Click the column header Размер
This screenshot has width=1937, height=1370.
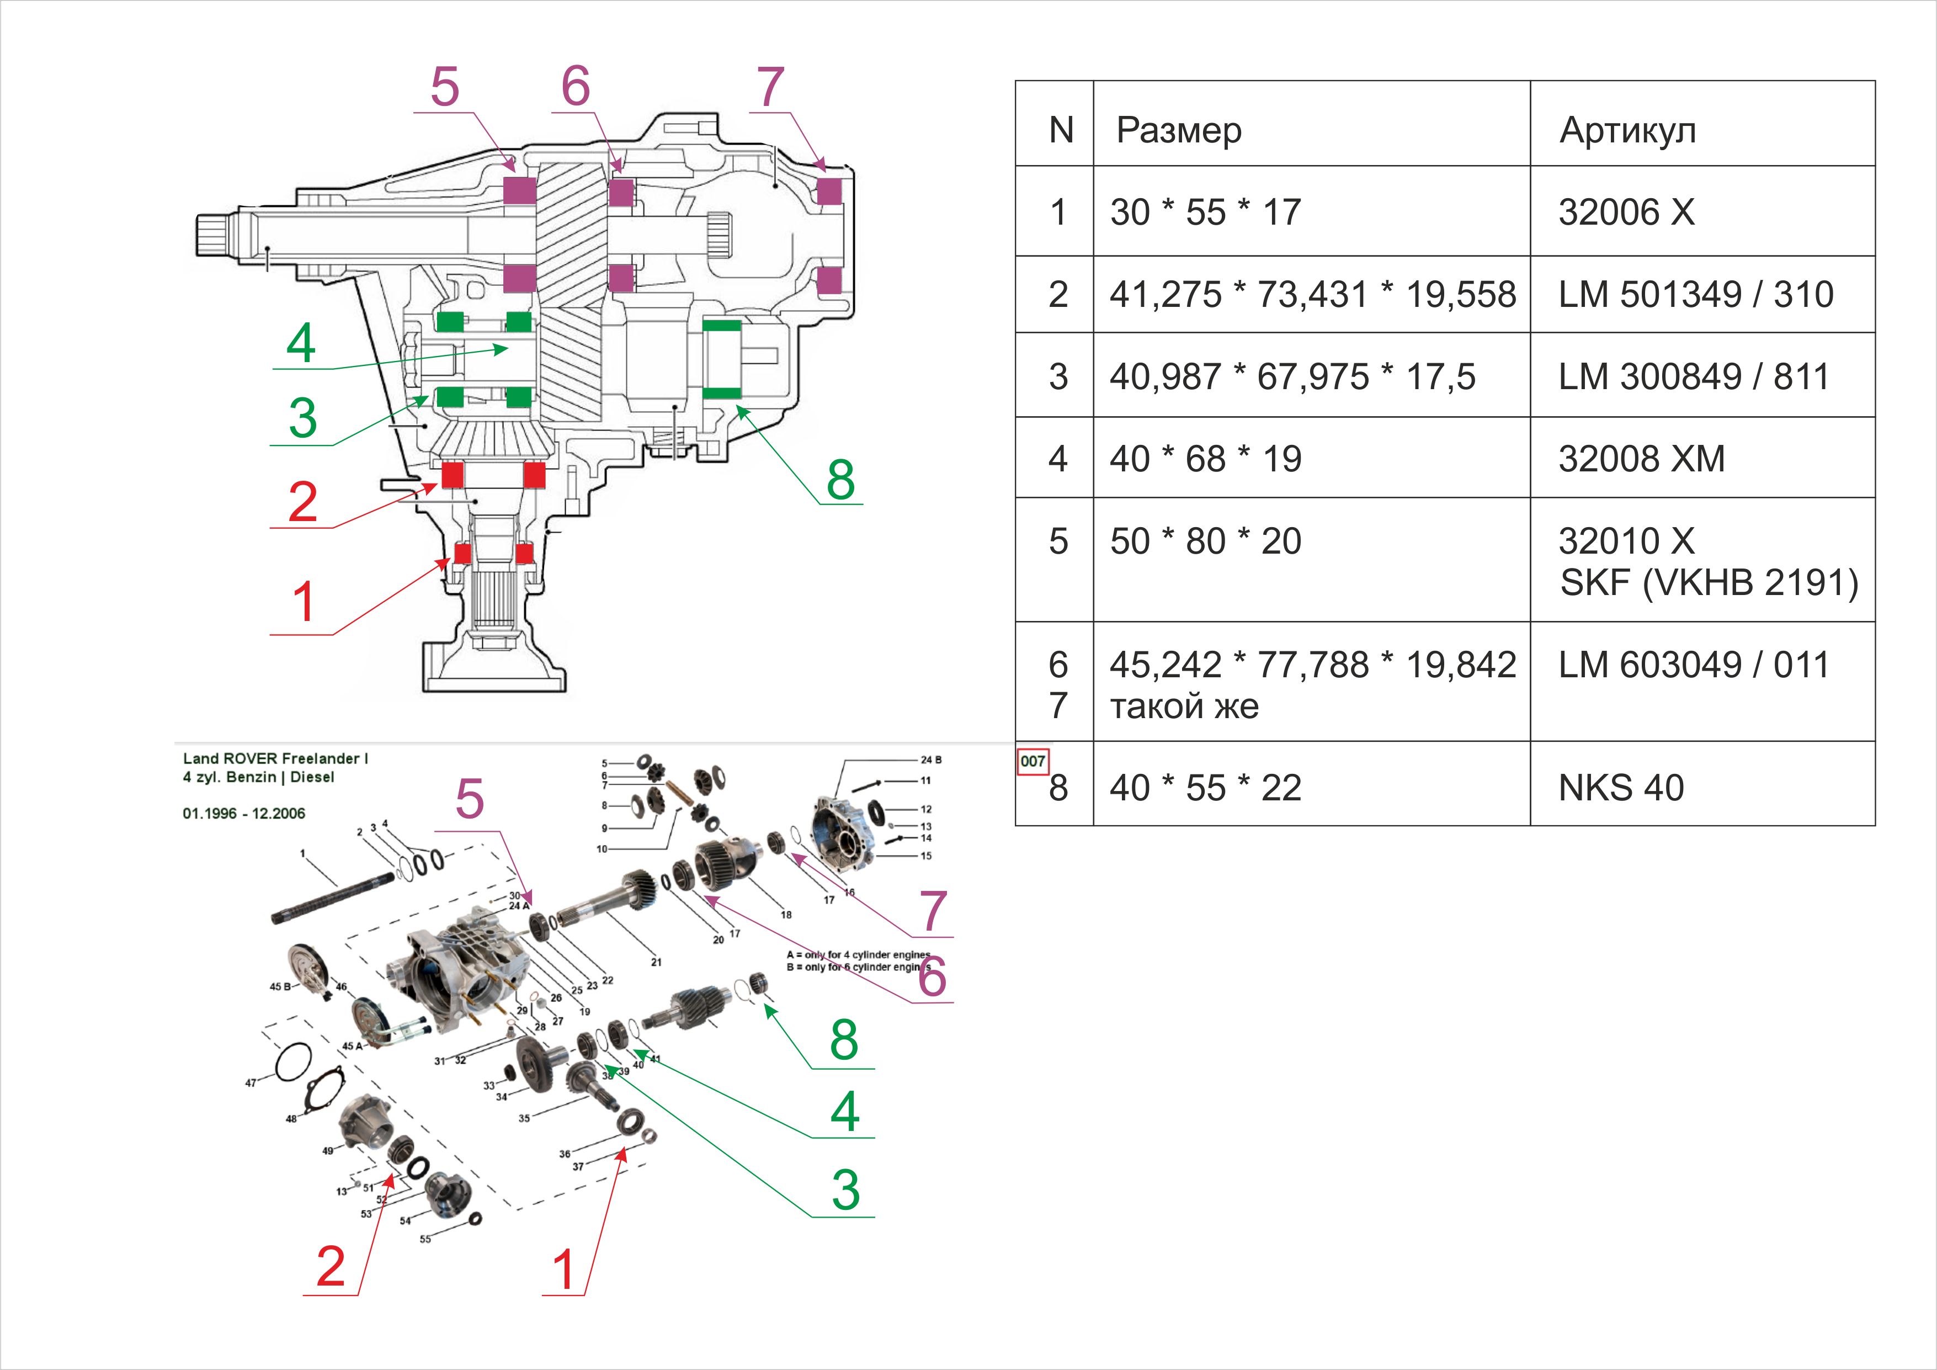(1179, 131)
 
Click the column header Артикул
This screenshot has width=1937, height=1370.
(1627, 131)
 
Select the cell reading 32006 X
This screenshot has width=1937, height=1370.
(1626, 212)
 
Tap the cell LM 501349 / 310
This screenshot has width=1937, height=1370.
(1696, 294)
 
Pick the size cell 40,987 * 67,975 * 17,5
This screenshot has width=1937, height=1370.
(1292, 377)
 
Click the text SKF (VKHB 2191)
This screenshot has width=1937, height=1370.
(1709, 583)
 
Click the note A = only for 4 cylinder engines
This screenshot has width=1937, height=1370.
(858, 955)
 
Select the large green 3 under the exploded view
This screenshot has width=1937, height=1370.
(845, 1190)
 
